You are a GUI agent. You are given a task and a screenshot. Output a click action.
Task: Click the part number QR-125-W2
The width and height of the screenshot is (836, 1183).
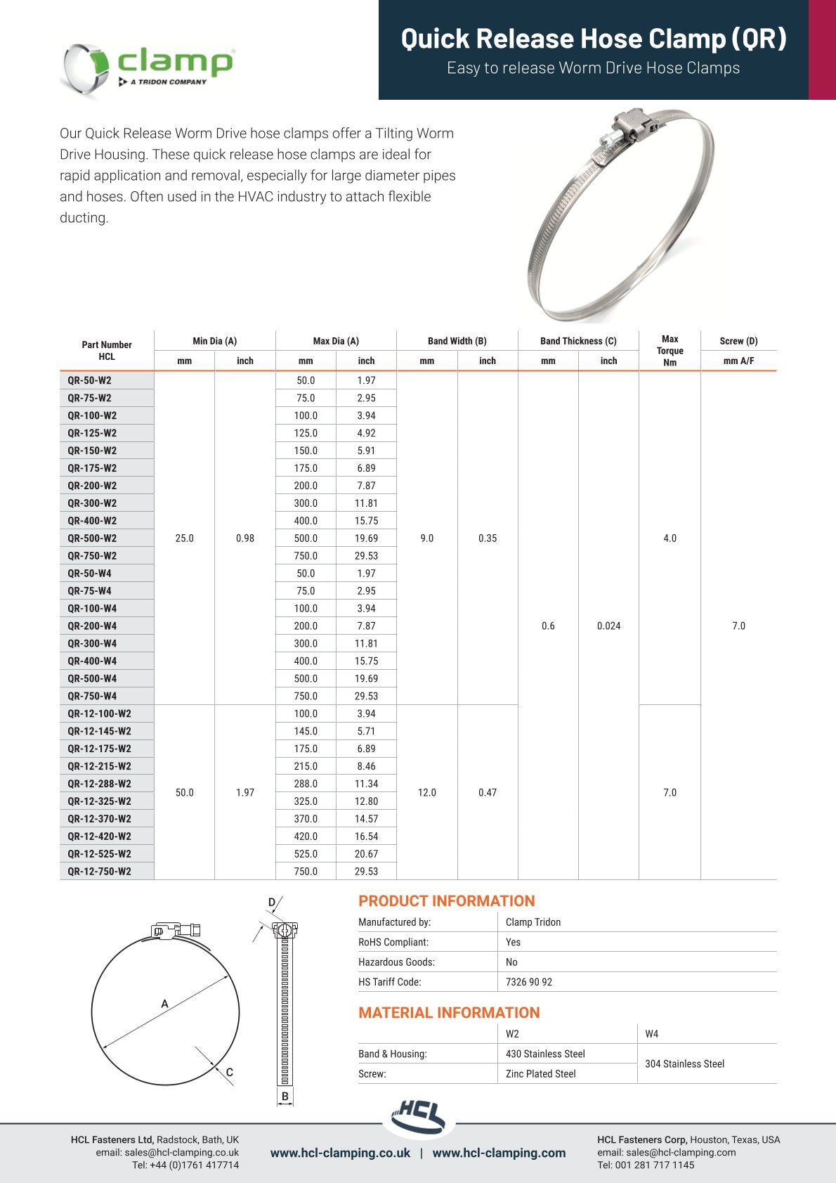[92, 433]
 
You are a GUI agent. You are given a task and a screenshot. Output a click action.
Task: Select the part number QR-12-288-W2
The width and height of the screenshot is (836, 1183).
[99, 784]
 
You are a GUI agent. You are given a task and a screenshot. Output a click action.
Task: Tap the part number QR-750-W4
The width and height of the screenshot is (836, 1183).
[92, 696]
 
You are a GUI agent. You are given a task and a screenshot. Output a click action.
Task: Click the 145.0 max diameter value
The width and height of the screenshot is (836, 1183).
[306, 731]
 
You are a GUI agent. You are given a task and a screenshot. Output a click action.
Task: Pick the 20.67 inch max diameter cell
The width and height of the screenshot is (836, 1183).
[366, 854]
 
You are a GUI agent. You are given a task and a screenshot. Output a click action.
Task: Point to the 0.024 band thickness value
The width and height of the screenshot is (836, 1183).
[608, 626]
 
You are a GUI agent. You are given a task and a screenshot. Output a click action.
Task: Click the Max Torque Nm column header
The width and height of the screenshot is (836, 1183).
[670, 350]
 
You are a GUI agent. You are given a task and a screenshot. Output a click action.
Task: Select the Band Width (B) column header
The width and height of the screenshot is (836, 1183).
[457, 341]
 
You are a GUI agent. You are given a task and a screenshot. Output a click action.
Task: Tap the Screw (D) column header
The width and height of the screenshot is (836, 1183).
[738, 341]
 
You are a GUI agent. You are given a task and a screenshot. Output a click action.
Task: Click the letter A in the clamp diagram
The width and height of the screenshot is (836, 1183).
[165, 1004]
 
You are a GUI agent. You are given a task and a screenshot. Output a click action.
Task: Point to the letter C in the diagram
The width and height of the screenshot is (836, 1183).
[230, 1073]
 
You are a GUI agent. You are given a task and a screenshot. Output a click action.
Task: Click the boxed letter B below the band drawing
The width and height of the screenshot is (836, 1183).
[285, 1097]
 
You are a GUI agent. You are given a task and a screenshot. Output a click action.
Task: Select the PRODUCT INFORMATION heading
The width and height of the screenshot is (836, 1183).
[446, 901]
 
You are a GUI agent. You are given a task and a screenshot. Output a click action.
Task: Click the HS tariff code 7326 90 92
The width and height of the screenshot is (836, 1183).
[529, 982]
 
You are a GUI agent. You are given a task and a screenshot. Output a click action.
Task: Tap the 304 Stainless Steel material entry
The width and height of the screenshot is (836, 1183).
[684, 1064]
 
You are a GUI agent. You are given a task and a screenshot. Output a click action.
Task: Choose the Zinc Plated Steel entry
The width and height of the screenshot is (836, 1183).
[540, 1073]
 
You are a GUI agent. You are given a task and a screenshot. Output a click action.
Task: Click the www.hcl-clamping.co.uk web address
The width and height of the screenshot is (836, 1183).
[340, 1153]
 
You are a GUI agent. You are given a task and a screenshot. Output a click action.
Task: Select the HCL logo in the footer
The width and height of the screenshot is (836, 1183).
[419, 1116]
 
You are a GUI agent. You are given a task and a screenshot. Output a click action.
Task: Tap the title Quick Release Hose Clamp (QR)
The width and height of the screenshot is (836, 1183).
[594, 38]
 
